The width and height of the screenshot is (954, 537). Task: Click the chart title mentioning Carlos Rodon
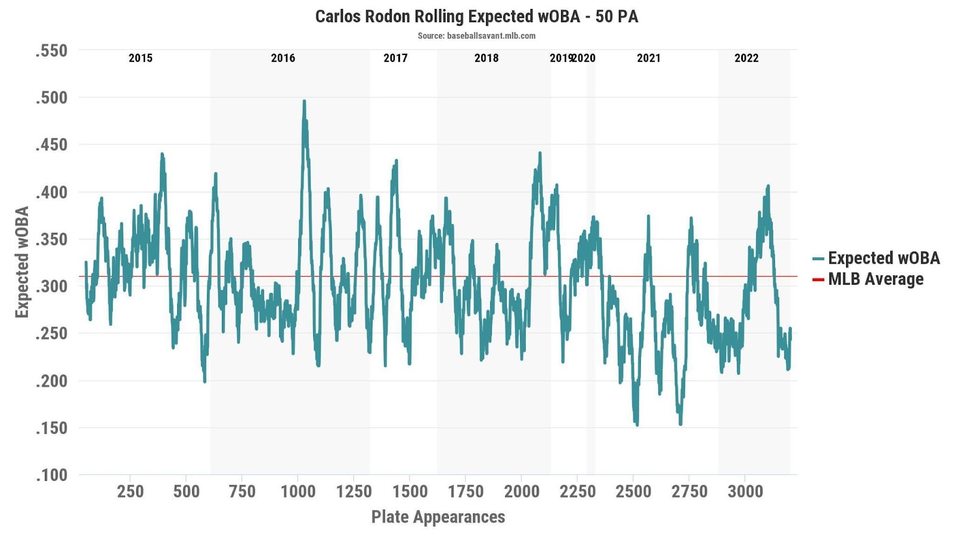476,16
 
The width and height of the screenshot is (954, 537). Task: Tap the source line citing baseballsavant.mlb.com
476,36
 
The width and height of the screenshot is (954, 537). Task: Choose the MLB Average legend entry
875,279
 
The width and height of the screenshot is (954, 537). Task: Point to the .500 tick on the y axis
51,98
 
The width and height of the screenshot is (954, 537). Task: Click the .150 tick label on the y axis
51,428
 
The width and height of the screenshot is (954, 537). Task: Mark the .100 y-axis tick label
51,476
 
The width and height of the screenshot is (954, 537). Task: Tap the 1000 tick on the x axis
298,492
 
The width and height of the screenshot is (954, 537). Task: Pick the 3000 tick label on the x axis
745,492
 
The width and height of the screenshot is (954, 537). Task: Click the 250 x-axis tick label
130,492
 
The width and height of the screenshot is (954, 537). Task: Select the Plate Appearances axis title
438,517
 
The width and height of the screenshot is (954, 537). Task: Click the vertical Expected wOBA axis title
22,263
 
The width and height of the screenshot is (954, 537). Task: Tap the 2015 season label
141,58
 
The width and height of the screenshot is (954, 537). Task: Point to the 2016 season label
283,58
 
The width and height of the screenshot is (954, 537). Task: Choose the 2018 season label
487,58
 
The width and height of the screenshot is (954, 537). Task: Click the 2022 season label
747,58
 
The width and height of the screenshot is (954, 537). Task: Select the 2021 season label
649,58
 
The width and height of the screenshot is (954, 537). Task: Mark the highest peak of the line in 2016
304,101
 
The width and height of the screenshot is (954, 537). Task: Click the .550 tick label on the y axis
51,51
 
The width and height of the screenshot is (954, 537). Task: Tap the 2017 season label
395,58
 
